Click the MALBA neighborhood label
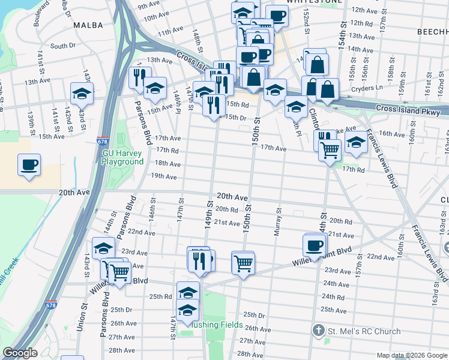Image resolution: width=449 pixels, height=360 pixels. (x=84, y=25)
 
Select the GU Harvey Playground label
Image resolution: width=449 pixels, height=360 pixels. (x=122, y=157)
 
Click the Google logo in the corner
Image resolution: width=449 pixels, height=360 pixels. (x=20, y=353)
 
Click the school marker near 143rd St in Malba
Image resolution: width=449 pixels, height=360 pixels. (x=82, y=92)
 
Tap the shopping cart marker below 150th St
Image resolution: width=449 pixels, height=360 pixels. (x=243, y=262)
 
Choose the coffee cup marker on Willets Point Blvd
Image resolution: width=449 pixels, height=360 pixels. (x=315, y=245)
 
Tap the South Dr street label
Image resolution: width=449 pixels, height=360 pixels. (x=62, y=46)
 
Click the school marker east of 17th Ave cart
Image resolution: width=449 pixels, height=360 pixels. (x=356, y=143)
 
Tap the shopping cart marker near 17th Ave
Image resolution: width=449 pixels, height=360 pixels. (x=330, y=149)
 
